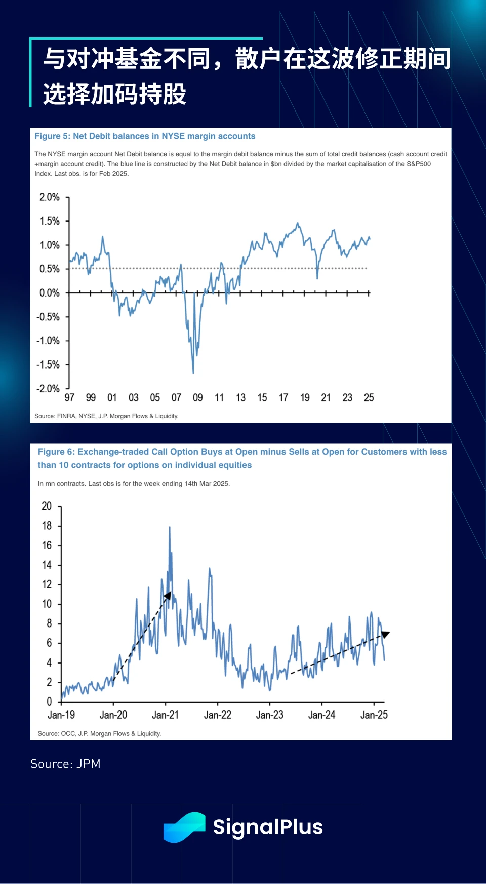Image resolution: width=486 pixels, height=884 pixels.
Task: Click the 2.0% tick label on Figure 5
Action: coord(49,197)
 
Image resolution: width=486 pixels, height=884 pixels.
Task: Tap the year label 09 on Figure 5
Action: coord(198,398)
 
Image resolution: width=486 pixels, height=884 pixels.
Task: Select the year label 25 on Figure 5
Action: coord(369,398)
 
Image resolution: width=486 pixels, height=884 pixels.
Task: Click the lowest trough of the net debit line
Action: coord(193,373)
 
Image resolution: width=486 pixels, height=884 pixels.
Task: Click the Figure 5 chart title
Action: coord(145,136)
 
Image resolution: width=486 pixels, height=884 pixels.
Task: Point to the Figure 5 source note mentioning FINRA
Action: coord(106,416)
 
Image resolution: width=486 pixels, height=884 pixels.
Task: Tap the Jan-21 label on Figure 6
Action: coord(165,715)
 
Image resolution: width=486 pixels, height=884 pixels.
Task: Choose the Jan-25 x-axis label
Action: coord(374,715)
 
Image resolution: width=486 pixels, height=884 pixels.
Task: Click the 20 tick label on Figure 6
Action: coord(47,506)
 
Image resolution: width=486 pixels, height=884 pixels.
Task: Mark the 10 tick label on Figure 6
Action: coord(47,604)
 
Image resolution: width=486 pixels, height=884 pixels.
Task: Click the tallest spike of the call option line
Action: coord(170,528)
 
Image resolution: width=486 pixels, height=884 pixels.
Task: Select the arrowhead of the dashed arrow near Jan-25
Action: coord(385,634)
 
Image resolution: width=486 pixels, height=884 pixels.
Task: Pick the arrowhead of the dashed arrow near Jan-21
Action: coord(168,596)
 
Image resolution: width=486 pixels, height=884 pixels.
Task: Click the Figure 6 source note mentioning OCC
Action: coord(99,734)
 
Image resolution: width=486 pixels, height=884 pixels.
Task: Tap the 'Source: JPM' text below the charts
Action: coord(65,764)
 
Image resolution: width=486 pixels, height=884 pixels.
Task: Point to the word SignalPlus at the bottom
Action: coord(268,827)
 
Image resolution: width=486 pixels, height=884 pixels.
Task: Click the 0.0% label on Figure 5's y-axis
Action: coord(49,293)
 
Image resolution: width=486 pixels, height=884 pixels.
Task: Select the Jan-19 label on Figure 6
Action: coord(61,715)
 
